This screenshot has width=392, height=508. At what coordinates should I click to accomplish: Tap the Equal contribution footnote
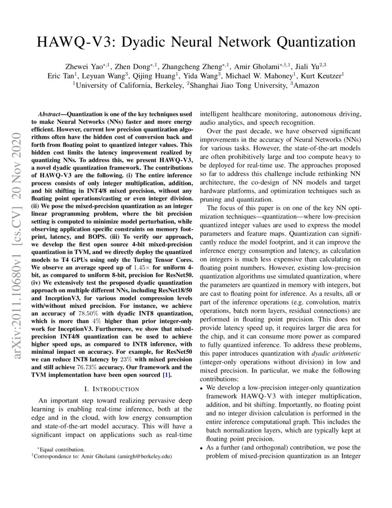tap(61, 449)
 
